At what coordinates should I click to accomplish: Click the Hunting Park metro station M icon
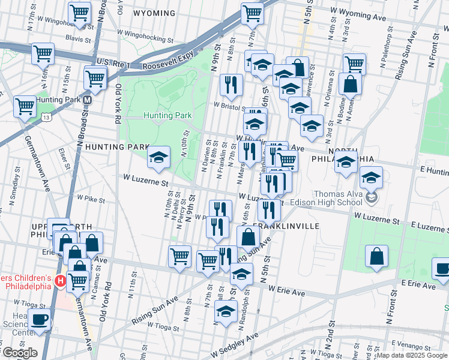(x=88, y=100)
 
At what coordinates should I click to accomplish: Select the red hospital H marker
(x=59, y=280)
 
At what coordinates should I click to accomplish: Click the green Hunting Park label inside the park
(x=167, y=115)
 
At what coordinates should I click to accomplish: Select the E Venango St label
(x=428, y=346)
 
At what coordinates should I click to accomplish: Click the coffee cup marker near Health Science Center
(x=40, y=319)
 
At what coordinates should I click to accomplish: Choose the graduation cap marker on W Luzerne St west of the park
(x=158, y=157)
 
